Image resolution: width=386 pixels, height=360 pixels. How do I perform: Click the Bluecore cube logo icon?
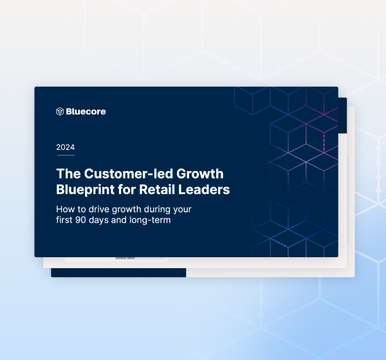(x=60, y=111)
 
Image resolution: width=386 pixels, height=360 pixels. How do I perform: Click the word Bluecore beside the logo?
(x=86, y=111)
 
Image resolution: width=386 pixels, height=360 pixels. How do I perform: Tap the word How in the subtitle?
(x=66, y=210)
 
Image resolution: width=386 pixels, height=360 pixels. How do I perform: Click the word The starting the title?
(x=68, y=174)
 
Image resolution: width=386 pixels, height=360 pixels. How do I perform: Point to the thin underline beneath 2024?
(x=65, y=155)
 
